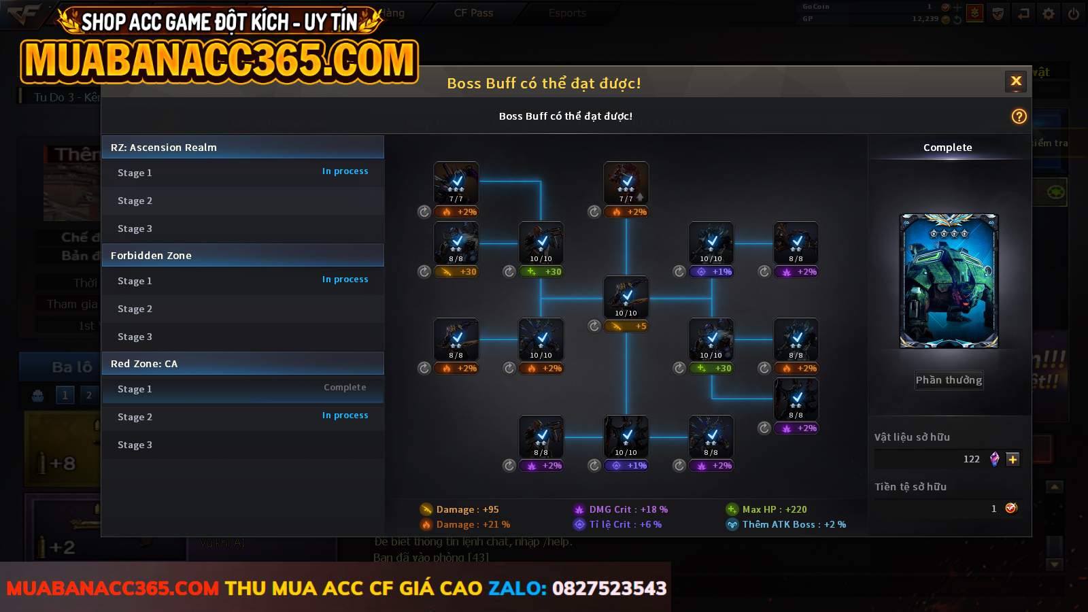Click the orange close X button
pos(1016,82)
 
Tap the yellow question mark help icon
pos(1019,116)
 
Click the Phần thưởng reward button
pos(949,380)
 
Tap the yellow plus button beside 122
pos(1013,460)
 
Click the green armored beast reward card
pos(949,281)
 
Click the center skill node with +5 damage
pos(626,298)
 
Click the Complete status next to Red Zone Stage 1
pos(345,388)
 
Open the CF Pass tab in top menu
pos(473,13)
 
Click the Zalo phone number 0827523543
pos(609,588)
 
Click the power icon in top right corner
pos(1073,14)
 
